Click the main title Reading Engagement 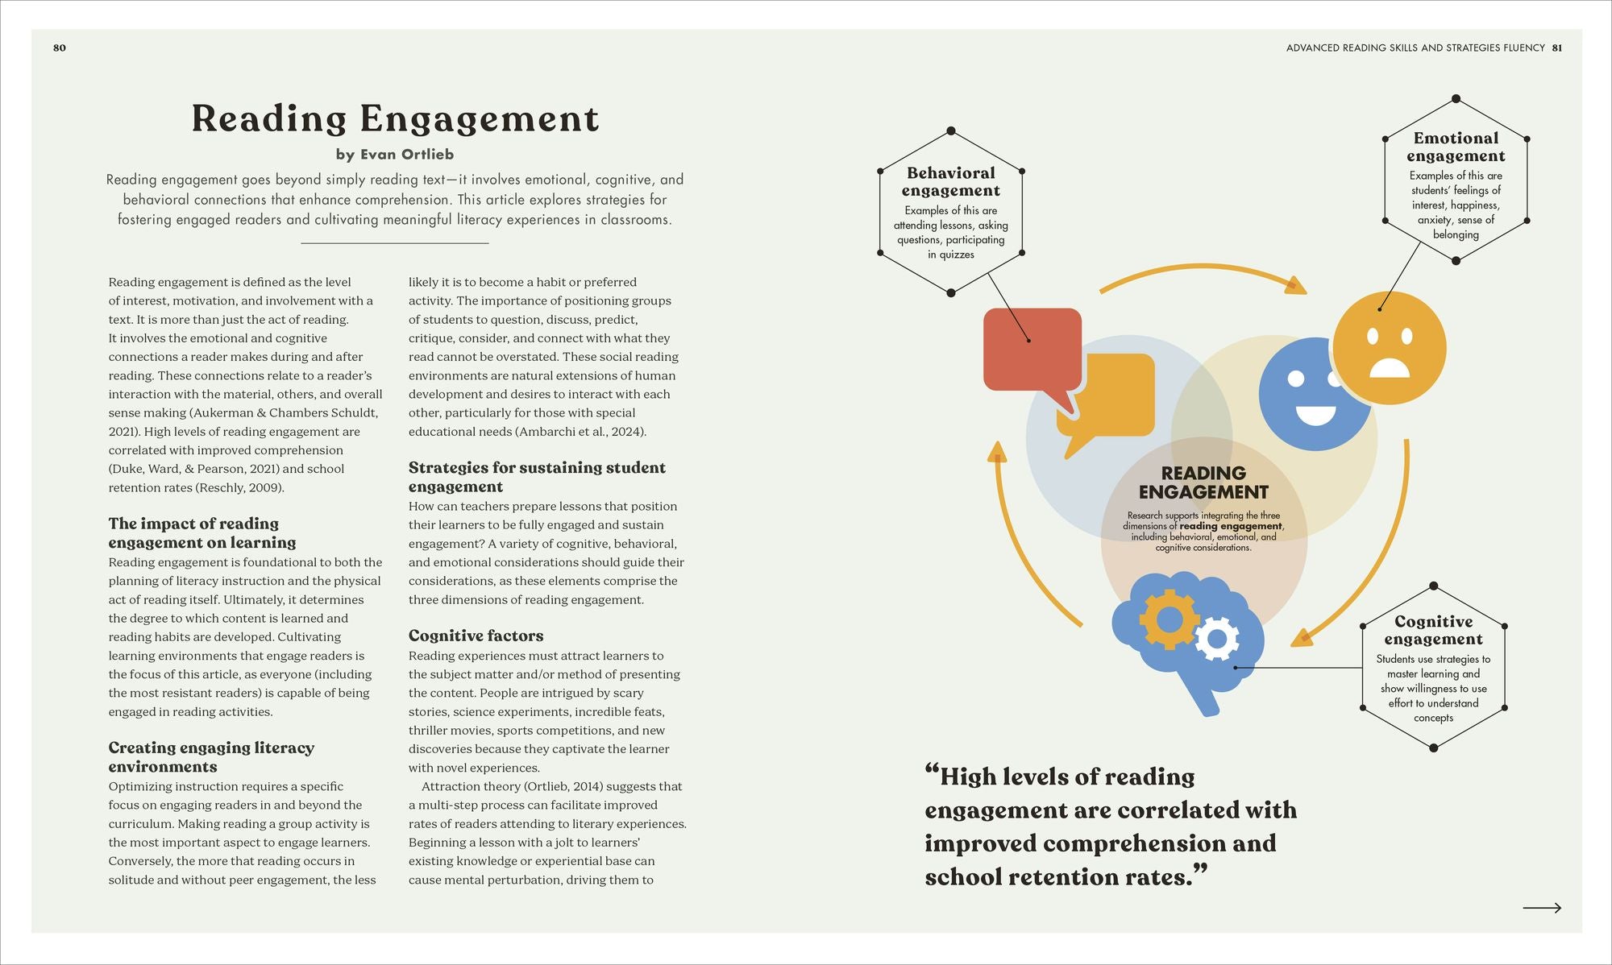point(395,118)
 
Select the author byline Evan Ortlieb point(395,154)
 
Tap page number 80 point(60,48)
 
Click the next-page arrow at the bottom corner point(1541,908)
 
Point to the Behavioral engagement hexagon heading point(951,181)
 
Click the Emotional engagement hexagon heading point(1456,147)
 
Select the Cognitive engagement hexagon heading point(1433,630)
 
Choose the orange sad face point(1390,348)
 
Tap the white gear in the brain point(1217,640)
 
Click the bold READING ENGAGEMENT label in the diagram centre point(1203,482)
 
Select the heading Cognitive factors point(476,636)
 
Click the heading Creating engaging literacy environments point(211,756)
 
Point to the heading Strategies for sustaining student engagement point(537,477)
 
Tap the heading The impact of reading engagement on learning point(202,532)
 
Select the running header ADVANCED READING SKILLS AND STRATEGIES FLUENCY point(1415,48)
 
